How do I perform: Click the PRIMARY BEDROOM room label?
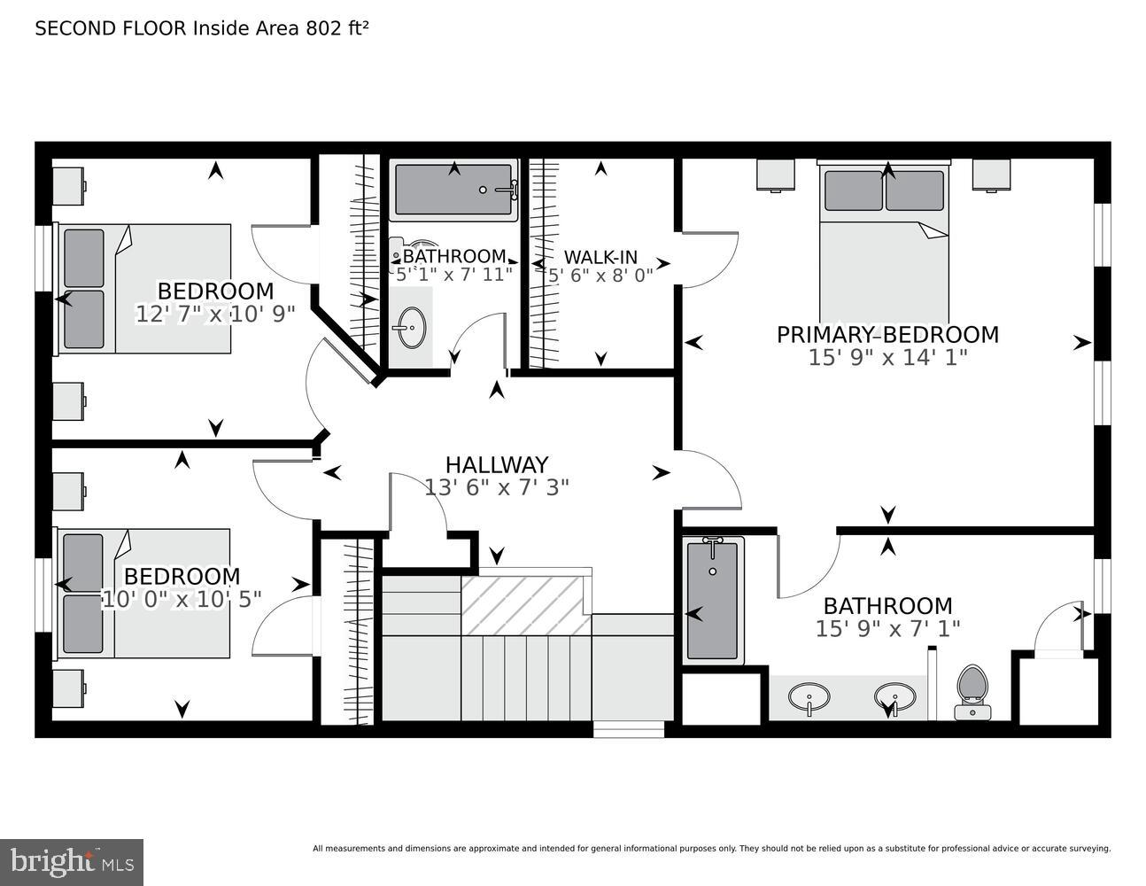pyautogui.click(x=887, y=335)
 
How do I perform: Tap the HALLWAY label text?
pyautogui.click(x=496, y=464)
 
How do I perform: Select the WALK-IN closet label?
pyautogui.click(x=600, y=257)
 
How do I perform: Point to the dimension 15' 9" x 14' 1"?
pyautogui.click(x=887, y=357)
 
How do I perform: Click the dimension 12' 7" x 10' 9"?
pyautogui.click(x=215, y=314)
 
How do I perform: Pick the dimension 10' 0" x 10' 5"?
pyautogui.click(x=182, y=599)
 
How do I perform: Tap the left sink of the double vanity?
pyautogui.click(x=809, y=696)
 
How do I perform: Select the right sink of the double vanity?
pyautogui.click(x=893, y=696)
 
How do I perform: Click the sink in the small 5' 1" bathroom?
pyautogui.click(x=410, y=329)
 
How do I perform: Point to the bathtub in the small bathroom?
pyautogui.click(x=454, y=190)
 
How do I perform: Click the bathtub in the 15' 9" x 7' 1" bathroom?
pyautogui.click(x=712, y=600)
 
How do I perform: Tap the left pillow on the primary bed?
pyautogui.click(x=853, y=190)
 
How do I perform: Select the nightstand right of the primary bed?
pyautogui.click(x=992, y=175)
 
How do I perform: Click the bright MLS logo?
pyautogui.click(x=71, y=861)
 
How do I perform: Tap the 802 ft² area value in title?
pyautogui.click(x=337, y=27)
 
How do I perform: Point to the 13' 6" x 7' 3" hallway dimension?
pyautogui.click(x=496, y=486)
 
